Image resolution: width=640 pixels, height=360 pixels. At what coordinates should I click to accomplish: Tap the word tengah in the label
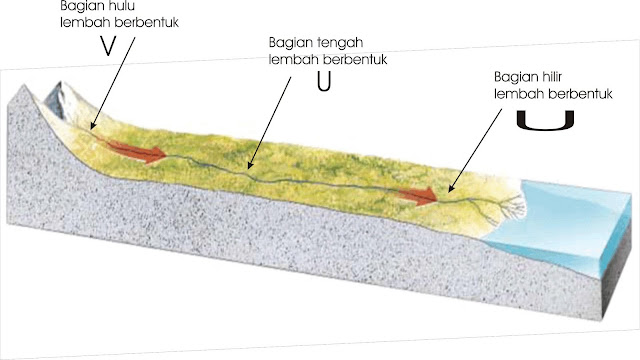click(x=335, y=44)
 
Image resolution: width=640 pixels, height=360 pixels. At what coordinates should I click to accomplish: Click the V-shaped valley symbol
click(x=107, y=47)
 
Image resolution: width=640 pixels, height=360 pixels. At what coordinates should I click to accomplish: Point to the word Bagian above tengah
click(x=291, y=44)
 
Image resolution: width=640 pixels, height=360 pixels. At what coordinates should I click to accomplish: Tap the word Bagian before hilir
click(x=517, y=77)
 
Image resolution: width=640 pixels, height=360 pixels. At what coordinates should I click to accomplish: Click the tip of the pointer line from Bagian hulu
click(x=91, y=131)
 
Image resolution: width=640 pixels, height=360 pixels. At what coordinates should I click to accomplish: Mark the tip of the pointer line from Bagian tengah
click(x=250, y=166)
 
